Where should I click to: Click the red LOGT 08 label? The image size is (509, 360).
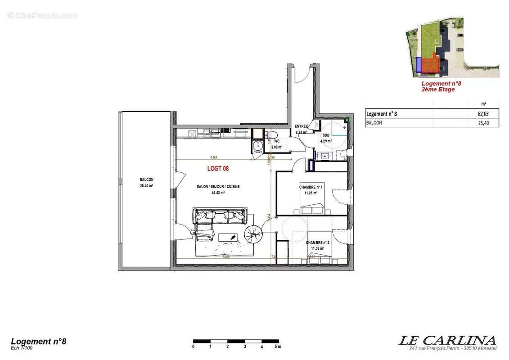pos(218,169)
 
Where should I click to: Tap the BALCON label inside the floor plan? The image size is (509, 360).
pos(146,180)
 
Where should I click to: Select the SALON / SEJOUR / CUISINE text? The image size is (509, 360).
pos(217,186)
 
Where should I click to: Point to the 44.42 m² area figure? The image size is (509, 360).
pos(218,193)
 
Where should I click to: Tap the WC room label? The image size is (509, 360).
pos(276,141)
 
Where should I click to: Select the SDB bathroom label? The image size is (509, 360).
pos(326,135)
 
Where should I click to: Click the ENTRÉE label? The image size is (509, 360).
pos(301,126)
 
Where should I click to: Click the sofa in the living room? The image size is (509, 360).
pos(219,216)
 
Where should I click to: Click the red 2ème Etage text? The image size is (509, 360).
pos(438,90)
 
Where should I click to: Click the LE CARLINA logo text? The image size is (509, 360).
pos(447,340)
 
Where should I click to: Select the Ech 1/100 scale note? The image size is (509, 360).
pos(22,348)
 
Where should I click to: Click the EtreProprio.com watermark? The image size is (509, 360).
pos(43,15)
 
